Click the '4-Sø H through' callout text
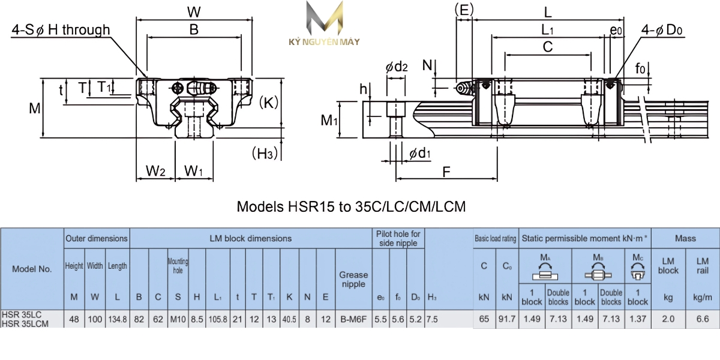coord(61,30)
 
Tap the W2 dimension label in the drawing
coord(155,171)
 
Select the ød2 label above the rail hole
coord(397,67)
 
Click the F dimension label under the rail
coord(446,172)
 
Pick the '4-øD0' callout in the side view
coord(662,29)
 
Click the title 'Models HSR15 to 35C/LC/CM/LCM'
coord(351,207)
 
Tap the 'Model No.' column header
coord(32,269)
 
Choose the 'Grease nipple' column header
coord(353,279)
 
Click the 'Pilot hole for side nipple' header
coord(398,238)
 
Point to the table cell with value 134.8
coord(117,319)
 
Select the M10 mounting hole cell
coord(178,319)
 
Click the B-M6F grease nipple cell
coord(353,319)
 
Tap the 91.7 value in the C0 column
coord(507,319)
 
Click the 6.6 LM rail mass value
coord(702,319)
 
